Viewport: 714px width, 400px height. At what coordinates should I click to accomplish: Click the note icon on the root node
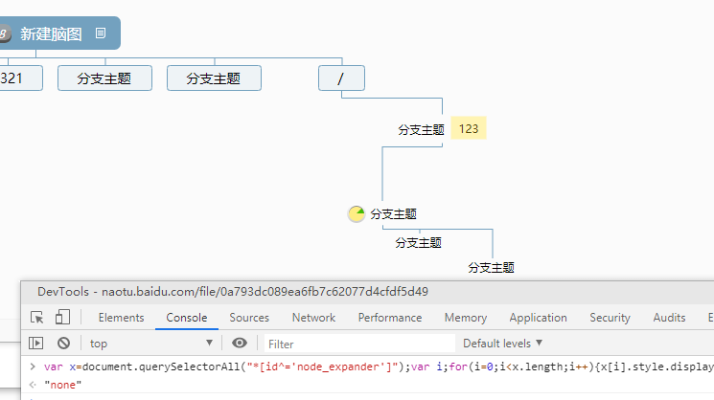pyautogui.click(x=101, y=33)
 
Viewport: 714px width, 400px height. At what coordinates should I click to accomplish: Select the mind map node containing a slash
pyautogui.click(x=341, y=78)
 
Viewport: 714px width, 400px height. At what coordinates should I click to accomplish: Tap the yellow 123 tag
pyautogui.click(x=469, y=128)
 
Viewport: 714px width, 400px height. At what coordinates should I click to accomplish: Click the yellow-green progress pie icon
pyautogui.click(x=357, y=214)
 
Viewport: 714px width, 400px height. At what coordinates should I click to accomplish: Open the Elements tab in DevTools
pyautogui.click(x=122, y=318)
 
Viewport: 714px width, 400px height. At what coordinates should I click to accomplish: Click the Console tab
pyautogui.click(x=186, y=318)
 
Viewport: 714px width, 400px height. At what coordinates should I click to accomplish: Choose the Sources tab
pyautogui.click(x=249, y=318)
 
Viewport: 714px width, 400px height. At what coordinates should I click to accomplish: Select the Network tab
pyautogui.click(x=313, y=318)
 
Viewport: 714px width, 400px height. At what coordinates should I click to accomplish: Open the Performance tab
pyautogui.click(x=390, y=318)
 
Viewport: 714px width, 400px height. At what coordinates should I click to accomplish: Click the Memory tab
pyautogui.click(x=466, y=318)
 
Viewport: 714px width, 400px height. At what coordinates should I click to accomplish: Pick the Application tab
pyautogui.click(x=538, y=318)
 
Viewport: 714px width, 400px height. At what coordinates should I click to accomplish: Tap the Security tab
pyautogui.click(x=610, y=318)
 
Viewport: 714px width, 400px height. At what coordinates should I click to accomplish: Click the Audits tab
pyautogui.click(x=669, y=318)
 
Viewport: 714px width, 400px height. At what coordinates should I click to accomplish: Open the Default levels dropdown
pyautogui.click(x=502, y=343)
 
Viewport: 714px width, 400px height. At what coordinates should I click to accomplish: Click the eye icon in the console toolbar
pyautogui.click(x=240, y=343)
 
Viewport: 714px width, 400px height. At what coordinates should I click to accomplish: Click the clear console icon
pyautogui.click(x=64, y=343)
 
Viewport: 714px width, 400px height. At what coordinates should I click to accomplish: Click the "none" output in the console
pyautogui.click(x=62, y=385)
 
